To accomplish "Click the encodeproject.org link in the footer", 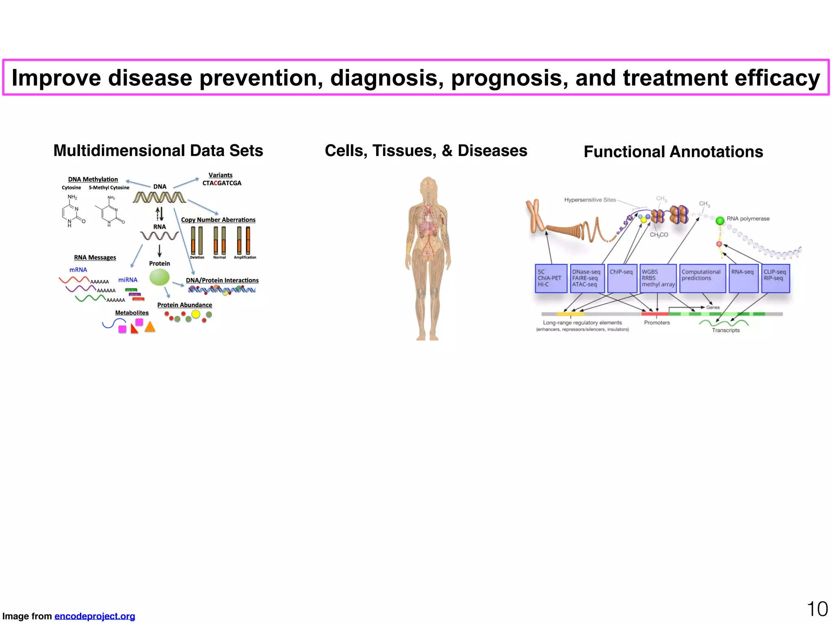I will (x=95, y=616).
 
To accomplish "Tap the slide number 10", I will (x=817, y=609).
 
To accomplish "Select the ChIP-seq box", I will (x=622, y=278).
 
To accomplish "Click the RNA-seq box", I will (x=743, y=278).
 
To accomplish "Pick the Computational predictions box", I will (x=702, y=278).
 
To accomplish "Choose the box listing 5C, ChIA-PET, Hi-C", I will (x=551, y=278).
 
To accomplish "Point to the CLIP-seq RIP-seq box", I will (x=775, y=278).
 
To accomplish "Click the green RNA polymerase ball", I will (x=720, y=221).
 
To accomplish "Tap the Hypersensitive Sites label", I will (x=590, y=200).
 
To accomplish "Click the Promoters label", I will (x=657, y=323).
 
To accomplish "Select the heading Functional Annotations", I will (x=673, y=152).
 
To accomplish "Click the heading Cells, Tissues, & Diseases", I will (x=426, y=151).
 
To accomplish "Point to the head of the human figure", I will (x=428, y=186).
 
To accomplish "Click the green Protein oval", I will (x=159, y=277).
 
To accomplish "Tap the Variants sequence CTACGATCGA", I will (x=222, y=183).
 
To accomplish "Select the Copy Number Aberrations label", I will (x=218, y=220).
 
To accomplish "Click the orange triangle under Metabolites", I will (x=150, y=327).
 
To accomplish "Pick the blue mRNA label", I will (x=78, y=270).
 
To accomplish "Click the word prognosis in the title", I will (x=509, y=78).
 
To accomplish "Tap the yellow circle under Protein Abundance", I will (x=196, y=314).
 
